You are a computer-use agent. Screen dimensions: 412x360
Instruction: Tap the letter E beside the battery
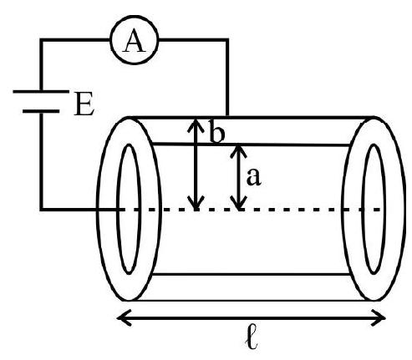84,104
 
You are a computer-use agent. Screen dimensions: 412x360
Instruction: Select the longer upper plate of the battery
41,91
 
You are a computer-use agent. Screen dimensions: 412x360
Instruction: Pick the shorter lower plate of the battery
41,111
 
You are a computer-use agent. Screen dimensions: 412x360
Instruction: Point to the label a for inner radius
254,177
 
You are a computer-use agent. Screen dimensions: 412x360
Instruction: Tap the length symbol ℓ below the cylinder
252,340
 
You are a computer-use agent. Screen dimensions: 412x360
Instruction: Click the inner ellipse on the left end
117,209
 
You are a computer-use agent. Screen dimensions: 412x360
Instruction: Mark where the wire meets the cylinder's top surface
227,116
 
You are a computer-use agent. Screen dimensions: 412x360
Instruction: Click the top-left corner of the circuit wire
41,40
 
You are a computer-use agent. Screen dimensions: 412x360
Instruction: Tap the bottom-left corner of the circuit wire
41,209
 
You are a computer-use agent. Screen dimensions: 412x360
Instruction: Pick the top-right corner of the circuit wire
227,40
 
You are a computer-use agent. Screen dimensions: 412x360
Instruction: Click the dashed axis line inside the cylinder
251,209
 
